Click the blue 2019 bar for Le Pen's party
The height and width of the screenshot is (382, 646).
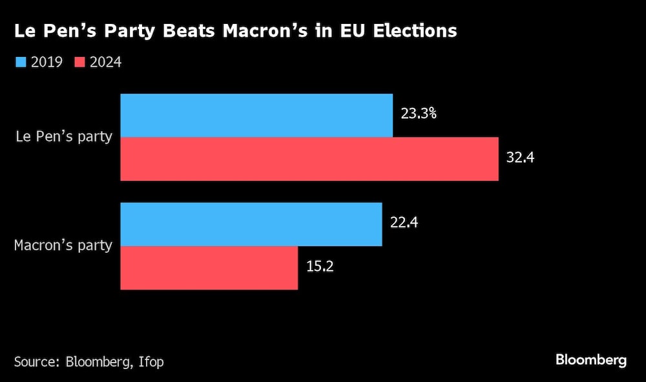[256, 115]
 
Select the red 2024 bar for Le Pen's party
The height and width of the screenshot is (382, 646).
[309, 158]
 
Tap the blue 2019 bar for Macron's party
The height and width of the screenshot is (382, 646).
[251, 224]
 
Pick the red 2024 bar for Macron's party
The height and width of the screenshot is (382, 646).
[209, 268]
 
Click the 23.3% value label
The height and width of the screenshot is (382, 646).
[419, 114]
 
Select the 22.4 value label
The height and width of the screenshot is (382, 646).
[404, 223]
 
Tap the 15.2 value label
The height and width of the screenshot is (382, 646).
[319, 266]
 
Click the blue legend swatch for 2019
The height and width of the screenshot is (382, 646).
[19, 62]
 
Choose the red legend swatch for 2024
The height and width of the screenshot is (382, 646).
[80, 62]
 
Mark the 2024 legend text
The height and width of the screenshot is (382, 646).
[106, 62]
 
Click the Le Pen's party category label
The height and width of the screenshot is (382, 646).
[64, 137]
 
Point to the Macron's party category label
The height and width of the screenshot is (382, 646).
[63, 246]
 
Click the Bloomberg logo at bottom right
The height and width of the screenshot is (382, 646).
[590, 360]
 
